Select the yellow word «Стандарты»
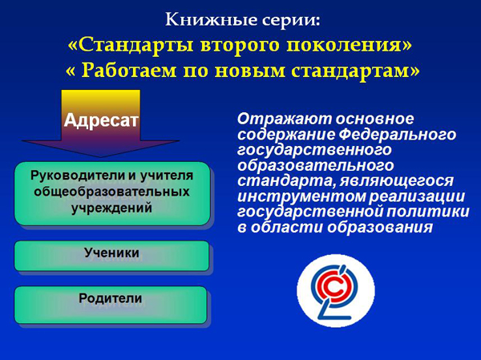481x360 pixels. (135, 45)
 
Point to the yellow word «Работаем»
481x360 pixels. (130, 71)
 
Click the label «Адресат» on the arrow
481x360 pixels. (101, 120)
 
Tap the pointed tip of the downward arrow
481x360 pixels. (101, 157)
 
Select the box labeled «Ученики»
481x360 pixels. (111, 256)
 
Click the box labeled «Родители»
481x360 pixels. (111, 305)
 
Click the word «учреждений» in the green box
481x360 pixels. (111, 208)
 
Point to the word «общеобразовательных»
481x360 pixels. (111, 192)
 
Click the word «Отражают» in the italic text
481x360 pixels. (285, 119)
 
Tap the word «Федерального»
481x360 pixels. (398, 135)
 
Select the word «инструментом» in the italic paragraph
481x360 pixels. (301, 196)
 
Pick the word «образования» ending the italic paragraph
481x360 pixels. (379, 228)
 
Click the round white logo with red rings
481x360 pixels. (336, 290)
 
